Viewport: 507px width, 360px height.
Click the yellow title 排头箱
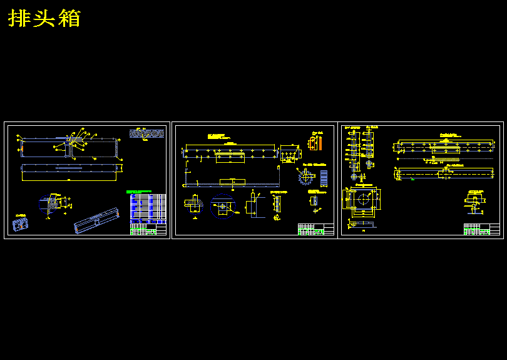point(44,18)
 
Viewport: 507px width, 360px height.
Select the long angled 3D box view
point(97,220)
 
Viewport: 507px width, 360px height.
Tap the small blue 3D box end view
point(21,223)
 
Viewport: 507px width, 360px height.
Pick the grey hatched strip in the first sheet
point(146,133)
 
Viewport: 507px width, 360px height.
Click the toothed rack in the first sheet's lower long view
point(69,168)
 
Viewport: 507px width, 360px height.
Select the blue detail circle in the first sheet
point(48,203)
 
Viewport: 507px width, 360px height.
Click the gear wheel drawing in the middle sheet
point(305,177)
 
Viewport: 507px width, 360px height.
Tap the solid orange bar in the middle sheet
point(310,143)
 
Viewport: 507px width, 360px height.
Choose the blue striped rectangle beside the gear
point(324,178)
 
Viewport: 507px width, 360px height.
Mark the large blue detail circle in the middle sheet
point(222,205)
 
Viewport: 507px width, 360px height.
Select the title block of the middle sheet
point(315,229)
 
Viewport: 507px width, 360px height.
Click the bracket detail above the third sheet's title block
point(476,203)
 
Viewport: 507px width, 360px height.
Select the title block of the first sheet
point(148,229)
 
